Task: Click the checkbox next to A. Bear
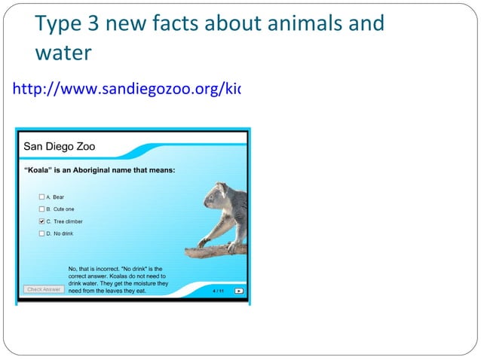42,197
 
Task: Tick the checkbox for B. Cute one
42,209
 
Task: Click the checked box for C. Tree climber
42,221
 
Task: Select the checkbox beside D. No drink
42,233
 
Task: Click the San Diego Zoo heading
60,146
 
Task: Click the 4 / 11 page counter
218,290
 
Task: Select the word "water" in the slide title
63,53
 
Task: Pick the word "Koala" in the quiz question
38,170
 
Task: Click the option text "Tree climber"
68,221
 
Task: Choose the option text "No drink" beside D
63,233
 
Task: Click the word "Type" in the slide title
55,24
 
